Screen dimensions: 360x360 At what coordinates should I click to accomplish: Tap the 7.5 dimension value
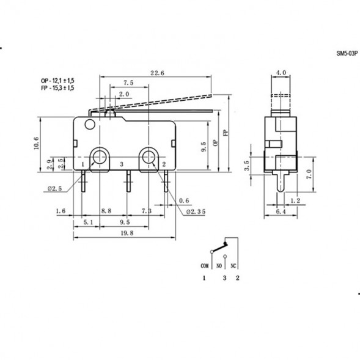pyautogui.click(x=128, y=83)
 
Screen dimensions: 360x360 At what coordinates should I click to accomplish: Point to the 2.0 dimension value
pyautogui.click(x=123, y=94)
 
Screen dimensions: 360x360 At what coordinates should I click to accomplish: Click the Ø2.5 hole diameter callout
pyautogui.click(x=56, y=189)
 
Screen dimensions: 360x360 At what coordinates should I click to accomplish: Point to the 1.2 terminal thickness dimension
pyautogui.click(x=295, y=200)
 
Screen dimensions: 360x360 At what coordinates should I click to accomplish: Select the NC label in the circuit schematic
pyautogui.click(x=234, y=266)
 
